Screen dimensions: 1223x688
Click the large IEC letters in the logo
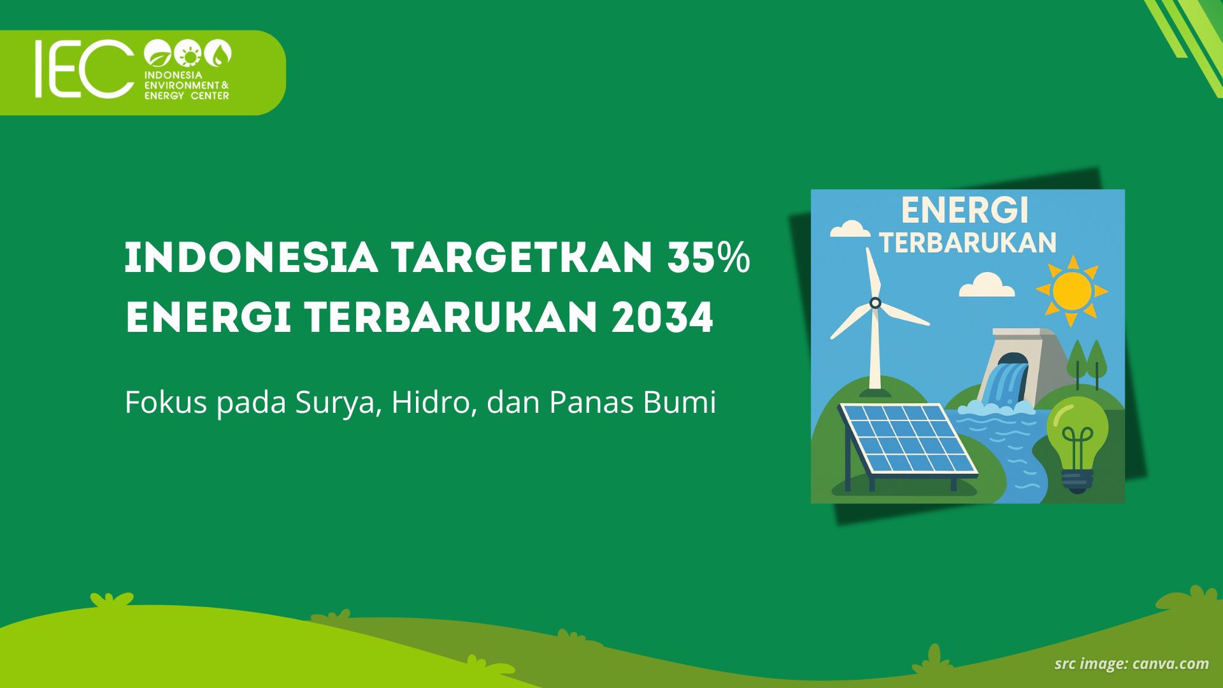[84, 69]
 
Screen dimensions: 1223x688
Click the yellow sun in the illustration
[1072, 291]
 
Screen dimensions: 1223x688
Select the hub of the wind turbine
[875, 303]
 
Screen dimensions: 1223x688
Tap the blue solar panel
[908, 440]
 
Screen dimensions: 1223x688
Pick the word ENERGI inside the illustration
[964, 210]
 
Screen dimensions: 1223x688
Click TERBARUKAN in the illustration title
[968, 243]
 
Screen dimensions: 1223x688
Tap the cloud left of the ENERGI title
[850, 229]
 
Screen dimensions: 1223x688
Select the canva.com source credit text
[1170, 664]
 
